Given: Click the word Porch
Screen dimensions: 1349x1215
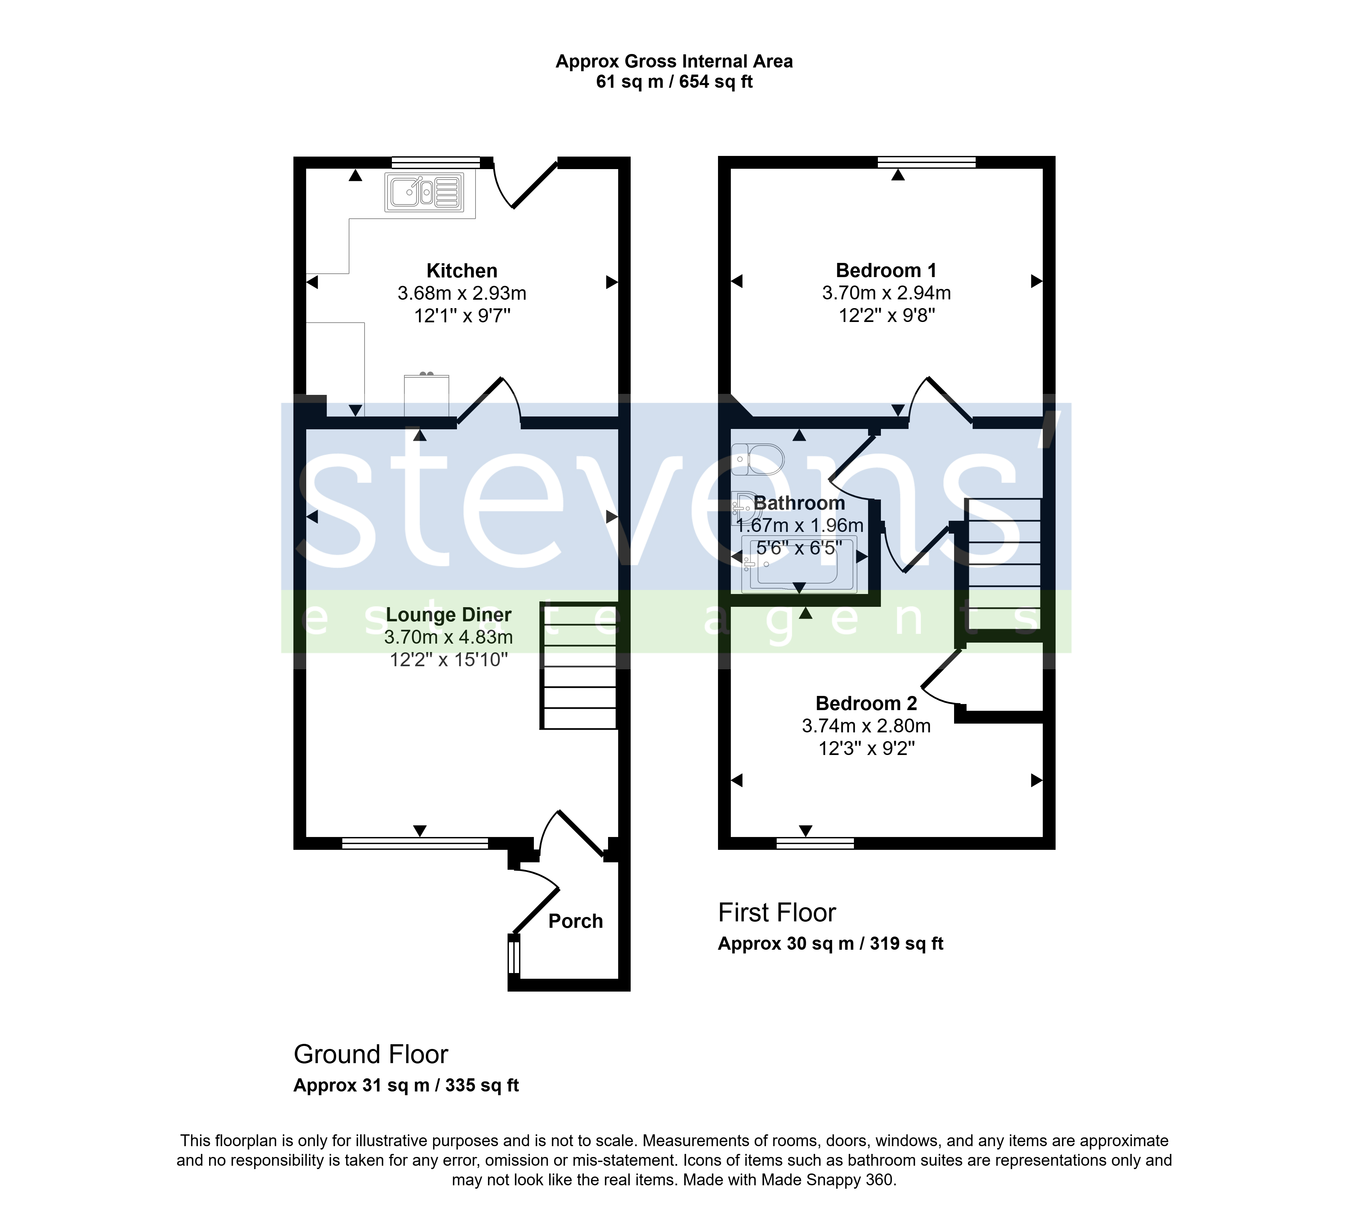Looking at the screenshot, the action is pos(575,921).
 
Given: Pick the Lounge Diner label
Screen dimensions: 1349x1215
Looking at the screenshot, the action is pos(448,615).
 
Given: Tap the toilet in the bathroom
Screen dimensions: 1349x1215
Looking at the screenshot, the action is pos(757,459).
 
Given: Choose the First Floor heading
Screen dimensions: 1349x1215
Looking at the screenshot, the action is pos(777,913).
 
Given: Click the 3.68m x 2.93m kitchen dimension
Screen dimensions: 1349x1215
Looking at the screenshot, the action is pos(462,293).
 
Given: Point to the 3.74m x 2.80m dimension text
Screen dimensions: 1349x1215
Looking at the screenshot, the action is pos(866,726).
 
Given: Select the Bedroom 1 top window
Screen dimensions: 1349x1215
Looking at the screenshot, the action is pos(927,162).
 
